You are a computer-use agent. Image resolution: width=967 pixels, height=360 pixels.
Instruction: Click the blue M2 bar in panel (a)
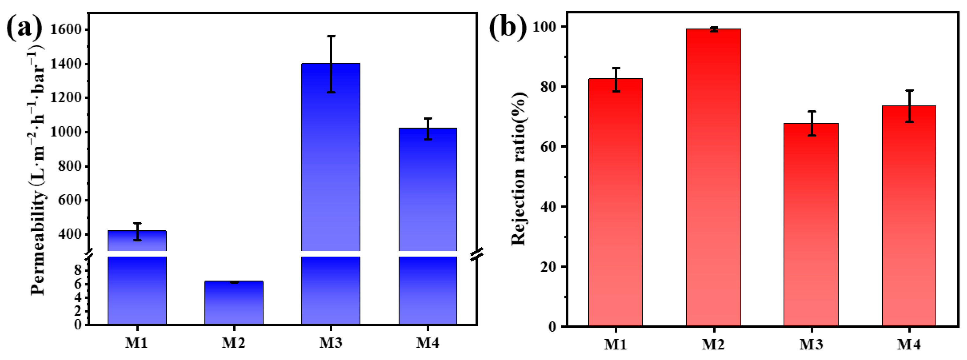(234, 303)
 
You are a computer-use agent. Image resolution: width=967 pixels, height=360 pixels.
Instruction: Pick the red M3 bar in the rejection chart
(811, 225)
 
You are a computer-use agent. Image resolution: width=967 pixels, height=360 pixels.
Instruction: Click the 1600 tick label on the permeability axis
(66, 30)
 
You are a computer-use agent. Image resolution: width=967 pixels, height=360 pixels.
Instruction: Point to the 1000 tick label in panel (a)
(66, 132)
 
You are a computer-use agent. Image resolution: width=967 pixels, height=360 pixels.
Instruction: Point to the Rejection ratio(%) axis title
(519, 169)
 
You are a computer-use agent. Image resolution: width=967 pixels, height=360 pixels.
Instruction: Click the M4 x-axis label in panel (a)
(428, 343)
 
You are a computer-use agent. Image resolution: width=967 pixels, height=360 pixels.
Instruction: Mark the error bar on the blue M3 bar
(331, 64)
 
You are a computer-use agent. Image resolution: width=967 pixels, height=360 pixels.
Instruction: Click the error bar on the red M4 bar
(909, 106)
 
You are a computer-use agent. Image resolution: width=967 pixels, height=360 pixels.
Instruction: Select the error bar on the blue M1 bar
(137, 232)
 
